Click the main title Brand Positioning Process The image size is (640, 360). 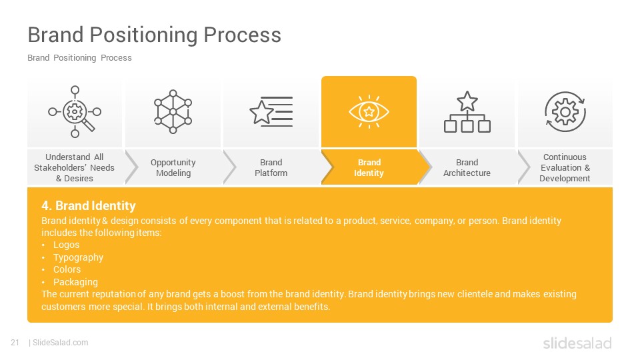154,35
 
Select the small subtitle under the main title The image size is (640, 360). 79,58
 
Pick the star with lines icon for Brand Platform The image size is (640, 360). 271,111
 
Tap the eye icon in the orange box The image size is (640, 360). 369,111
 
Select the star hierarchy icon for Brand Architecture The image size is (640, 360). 467,112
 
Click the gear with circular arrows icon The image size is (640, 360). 565,111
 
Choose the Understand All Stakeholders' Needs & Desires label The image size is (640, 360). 74,168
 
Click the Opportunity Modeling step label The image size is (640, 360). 173,168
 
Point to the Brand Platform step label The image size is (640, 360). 271,168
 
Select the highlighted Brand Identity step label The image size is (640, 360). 369,168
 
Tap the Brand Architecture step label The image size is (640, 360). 467,168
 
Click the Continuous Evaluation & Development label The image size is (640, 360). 565,168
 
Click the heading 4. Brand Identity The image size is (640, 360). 88,205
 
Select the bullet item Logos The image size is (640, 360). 66,245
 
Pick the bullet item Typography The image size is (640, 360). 78,257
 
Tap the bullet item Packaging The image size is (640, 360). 75,282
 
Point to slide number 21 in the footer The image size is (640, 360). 15,343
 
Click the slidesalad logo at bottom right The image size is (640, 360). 577,343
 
